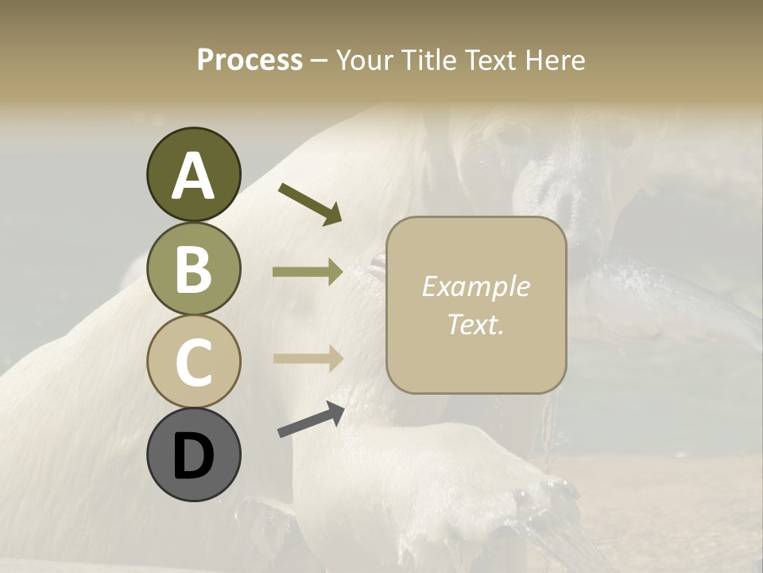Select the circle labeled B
click(193, 268)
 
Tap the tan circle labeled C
click(193, 361)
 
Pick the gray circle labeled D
click(193, 454)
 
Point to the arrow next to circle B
click(308, 272)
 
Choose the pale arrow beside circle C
click(308, 358)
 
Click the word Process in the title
click(250, 60)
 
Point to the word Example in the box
click(476, 286)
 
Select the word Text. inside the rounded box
click(476, 325)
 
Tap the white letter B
click(193, 270)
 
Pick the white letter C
click(193, 363)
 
